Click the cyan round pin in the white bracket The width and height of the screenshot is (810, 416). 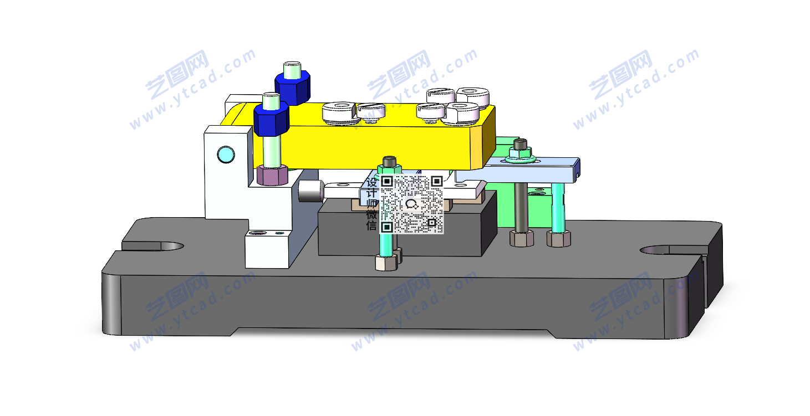click(226, 155)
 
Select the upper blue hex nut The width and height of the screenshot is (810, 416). click(293, 87)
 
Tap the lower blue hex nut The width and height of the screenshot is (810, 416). click(272, 119)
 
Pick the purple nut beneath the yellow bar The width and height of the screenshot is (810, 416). click(272, 174)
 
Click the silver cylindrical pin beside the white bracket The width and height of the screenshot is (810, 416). click(311, 191)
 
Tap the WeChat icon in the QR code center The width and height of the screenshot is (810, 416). click(411, 204)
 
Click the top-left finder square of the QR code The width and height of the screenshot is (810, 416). click(387, 181)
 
